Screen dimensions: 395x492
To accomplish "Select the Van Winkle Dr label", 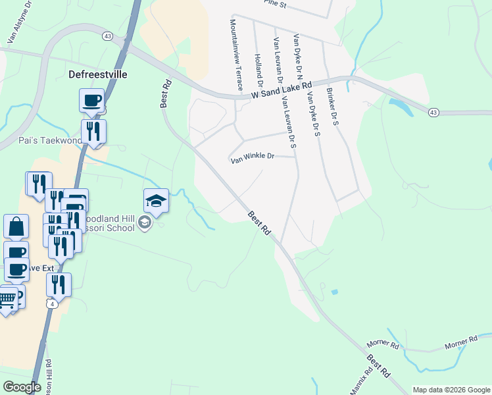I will point(251,157).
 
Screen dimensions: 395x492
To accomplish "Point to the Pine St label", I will point(275,5).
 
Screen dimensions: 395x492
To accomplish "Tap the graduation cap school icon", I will point(157,199).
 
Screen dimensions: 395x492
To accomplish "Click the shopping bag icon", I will point(16,226).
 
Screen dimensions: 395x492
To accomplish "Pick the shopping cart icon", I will point(7,299).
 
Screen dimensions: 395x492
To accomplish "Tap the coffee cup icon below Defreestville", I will point(92,101).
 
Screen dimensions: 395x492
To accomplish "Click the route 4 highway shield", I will point(51,303).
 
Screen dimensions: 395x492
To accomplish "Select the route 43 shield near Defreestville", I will point(107,36).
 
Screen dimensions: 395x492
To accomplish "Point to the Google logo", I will point(22,387).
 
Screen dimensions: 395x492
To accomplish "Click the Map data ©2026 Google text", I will point(451,390).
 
